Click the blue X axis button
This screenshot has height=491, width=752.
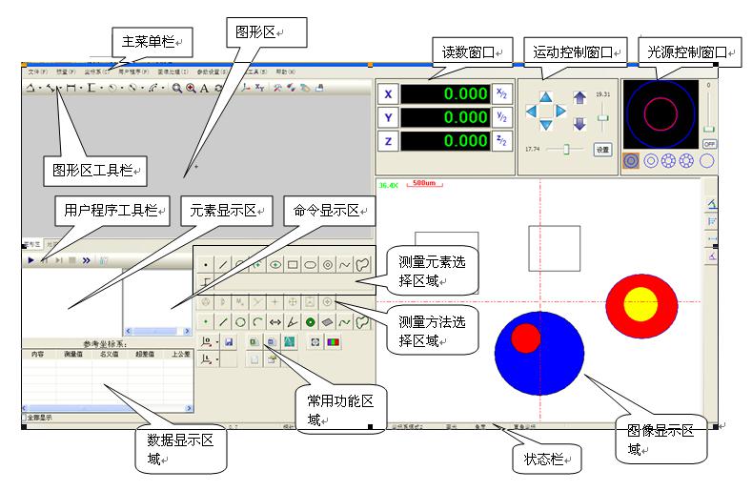tap(388, 94)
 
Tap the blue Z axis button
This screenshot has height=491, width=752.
tap(388, 141)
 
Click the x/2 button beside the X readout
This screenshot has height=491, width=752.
tap(502, 93)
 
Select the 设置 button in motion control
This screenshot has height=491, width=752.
tap(601, 150)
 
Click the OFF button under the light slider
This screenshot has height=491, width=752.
tap(709, 143)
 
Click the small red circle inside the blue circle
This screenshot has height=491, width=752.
tap(525, 338)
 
